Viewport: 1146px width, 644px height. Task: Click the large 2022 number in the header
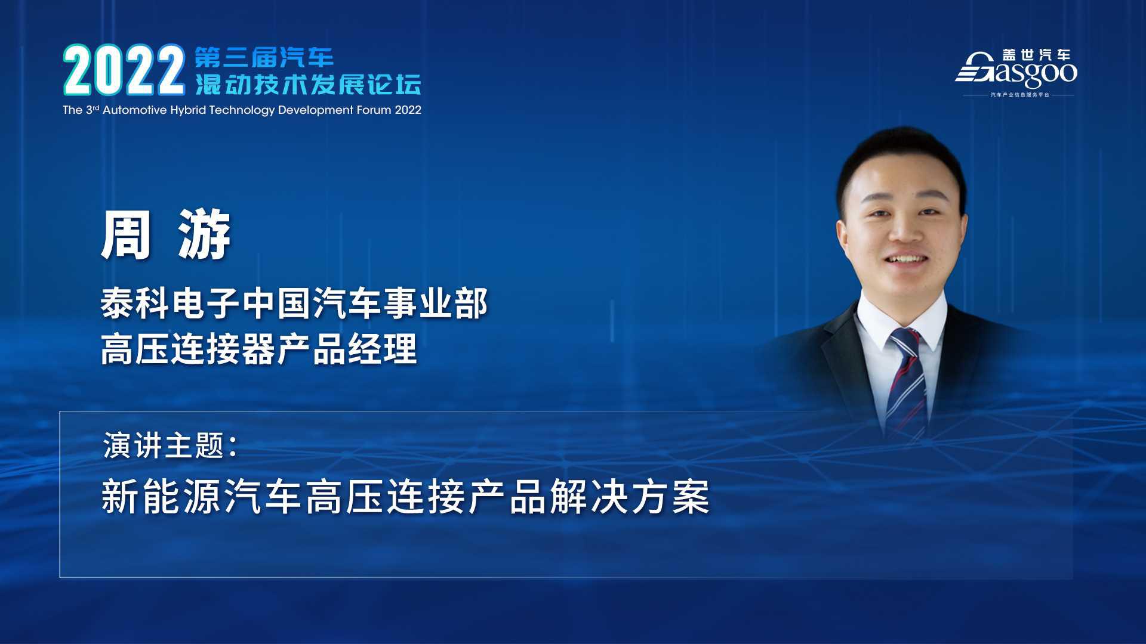[124, 70]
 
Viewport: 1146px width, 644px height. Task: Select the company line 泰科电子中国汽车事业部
[294, 304]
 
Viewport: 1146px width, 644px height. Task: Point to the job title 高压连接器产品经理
[258, 349]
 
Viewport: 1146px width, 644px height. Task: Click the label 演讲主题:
[171, 445]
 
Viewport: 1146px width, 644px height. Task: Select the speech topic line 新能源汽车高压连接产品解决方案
[406, 497]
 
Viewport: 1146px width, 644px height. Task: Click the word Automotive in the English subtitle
[134, 110]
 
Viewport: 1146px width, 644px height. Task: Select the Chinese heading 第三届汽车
[264, 57]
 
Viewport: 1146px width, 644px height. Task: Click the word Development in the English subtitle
[316, 111]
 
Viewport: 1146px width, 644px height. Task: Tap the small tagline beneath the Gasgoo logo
[1019, 95]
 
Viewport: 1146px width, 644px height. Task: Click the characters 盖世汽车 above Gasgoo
[1036, 55]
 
